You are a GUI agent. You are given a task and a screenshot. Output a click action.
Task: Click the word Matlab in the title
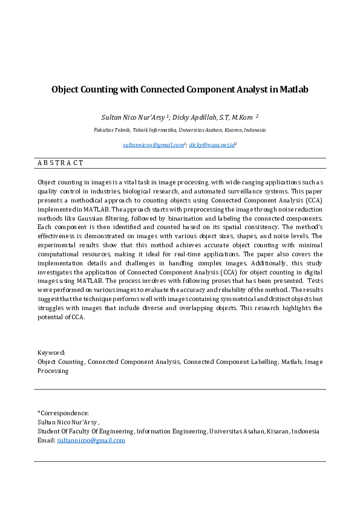pyautogui.click(x=294, y=89)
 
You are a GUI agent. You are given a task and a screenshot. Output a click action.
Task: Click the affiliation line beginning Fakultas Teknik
pyautogui.click(x=179, y=130)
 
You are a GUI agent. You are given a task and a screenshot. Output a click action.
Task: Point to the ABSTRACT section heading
pyautogui.click(x=61, y=163)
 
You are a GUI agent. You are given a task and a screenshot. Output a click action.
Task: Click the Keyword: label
pyautogui.click(x=51, y=352)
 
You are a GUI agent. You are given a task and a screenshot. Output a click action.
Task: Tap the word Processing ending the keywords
pyautogui.click(x=53, y=371)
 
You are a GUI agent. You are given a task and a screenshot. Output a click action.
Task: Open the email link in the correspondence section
pyautogui.click(x=91, y=440)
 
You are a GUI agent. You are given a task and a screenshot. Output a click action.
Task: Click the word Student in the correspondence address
pyautogui.click(x=49, y=431)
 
